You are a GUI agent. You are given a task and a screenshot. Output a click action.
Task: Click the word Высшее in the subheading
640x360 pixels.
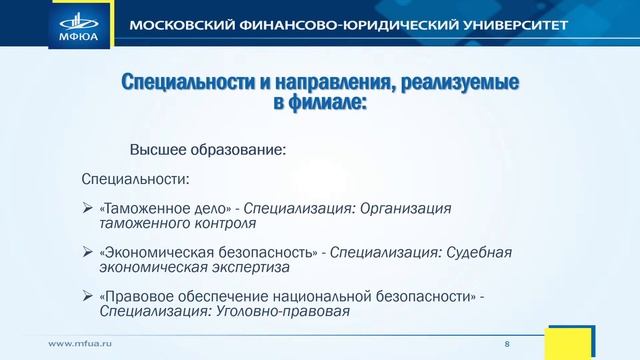pyautogui.click(x=157, y=150)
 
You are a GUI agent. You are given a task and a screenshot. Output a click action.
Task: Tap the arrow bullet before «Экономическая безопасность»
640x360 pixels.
pyautogui.click(x=87, y=253)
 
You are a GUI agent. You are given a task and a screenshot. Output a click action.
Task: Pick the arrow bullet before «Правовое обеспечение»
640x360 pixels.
pyautogui.click(x=87, y=297)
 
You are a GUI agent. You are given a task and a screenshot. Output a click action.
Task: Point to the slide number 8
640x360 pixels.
pyautogui.click(x=507, y=343)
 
